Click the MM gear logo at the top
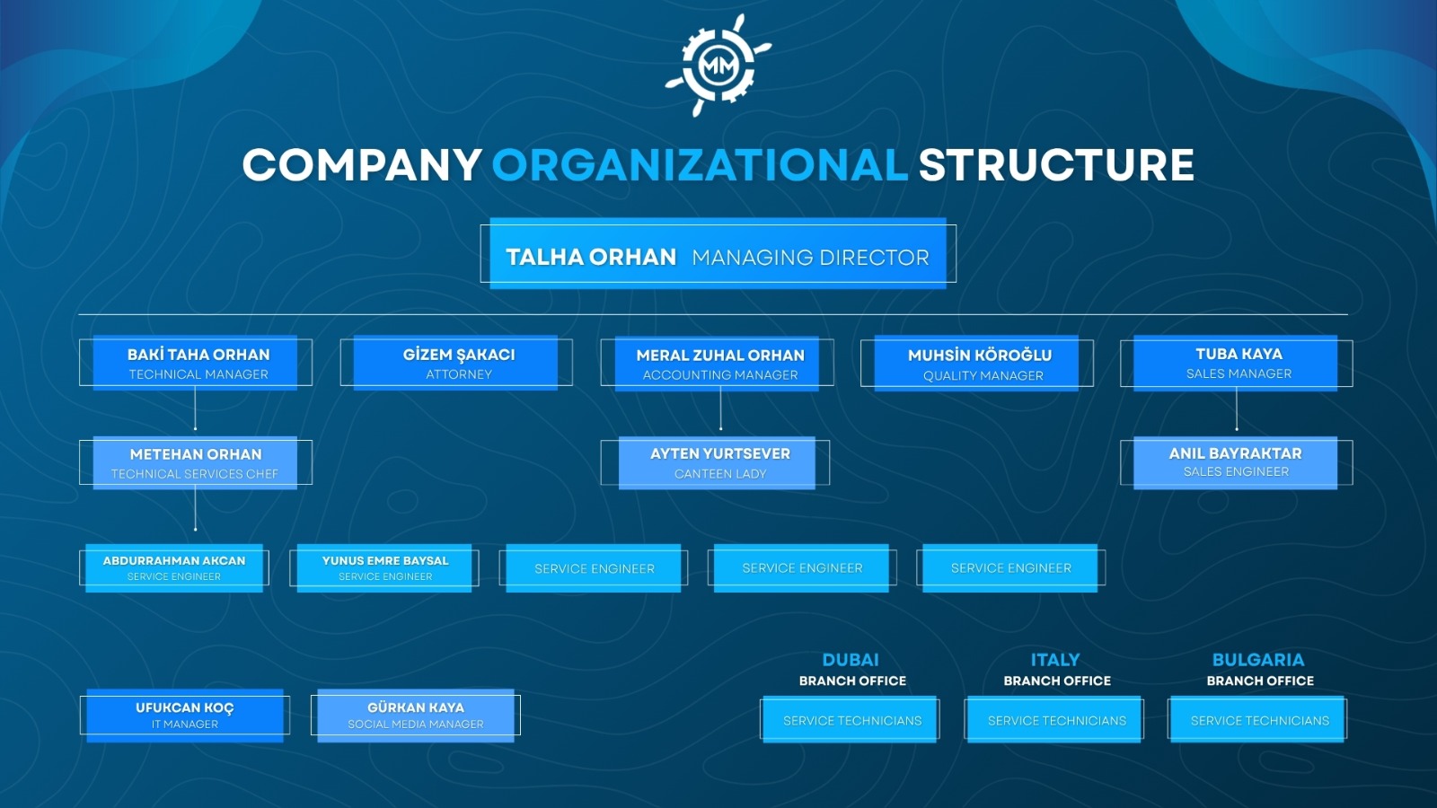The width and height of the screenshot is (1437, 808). pos(718,65)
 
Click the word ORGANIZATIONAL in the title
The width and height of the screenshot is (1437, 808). pos(700,165)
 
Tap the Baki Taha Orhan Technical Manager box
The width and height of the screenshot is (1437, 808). pos(196,363)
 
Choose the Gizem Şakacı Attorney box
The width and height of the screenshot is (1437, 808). pos(456,363)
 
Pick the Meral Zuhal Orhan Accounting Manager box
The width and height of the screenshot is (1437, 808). pos(718,364)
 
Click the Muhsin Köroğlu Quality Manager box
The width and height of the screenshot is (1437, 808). pos(977,364)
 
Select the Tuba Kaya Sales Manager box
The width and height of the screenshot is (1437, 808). pos(1237,363)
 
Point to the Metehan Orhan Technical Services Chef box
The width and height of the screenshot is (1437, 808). pos(196,463)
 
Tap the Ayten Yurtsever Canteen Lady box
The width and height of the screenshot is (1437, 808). pos(715,463)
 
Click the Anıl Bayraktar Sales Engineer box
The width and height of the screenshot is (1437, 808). pos(1237,463)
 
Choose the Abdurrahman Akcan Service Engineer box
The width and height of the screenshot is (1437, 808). pos(174,568)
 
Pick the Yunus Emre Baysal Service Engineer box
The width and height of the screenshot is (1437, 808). pos(384,568)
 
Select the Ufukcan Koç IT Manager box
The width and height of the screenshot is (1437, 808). pos(185,716)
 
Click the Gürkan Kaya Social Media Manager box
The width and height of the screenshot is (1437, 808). pos(416,716)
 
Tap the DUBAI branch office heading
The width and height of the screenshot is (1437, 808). pos(852,670)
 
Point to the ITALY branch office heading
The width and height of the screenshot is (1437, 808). pos(1056,670)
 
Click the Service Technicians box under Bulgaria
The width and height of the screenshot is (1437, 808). pos(1257,719)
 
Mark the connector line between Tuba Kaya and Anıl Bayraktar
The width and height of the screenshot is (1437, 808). pos(1237,410)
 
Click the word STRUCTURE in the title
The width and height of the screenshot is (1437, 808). pos(1056,165)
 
